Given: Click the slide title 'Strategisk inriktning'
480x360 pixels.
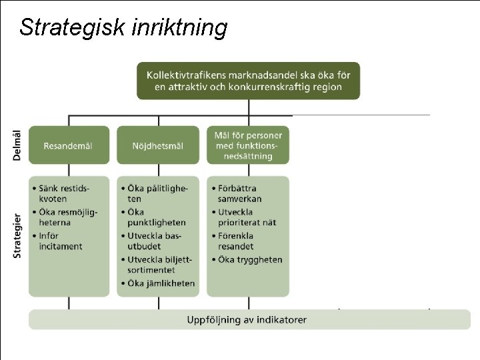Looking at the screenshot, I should pyautogui.click(x=123, y=27).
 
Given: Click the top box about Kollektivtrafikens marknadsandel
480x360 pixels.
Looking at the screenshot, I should pyautogui.click(x=248, y=81).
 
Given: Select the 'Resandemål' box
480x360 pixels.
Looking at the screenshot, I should pyautogui.click(x=68, y=145).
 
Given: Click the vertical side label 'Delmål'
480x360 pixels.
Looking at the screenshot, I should pyautogui.click(x=17, y=145).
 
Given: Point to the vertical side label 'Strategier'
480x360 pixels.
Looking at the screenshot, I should pyautogui.click(x=17, y=235).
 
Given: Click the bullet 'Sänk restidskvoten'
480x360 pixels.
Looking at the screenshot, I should pyautogui.click(x=65, y=193).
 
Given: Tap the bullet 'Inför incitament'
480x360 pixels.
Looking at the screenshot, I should pyautogui.click(x=60, y=241).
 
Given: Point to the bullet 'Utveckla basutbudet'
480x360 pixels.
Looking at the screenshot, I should pyautogui.click(x=155, y=241).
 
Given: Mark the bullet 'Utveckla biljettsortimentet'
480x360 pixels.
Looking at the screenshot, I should pyautogui.click(x=159, y=265).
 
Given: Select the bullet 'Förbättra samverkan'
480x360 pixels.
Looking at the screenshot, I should pyautogui.click(x=240, y=193).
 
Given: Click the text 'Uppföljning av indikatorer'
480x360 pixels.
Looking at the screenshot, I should pyautogui.click(x=247, y=319).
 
